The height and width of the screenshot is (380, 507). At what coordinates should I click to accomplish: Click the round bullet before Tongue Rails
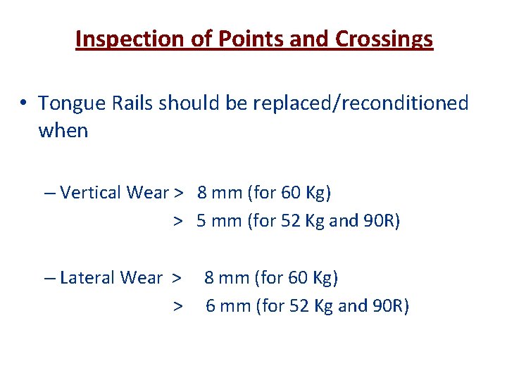tap(24, 103)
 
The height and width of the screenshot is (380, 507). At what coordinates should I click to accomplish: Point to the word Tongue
tap(68, 104)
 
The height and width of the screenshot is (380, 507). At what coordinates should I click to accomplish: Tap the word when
tap(63, 131)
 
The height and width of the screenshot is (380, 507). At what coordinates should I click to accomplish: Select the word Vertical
tap(88, 192)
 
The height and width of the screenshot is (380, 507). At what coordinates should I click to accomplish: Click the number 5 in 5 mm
tap(201, 221)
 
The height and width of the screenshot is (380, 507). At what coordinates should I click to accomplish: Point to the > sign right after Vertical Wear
tap(180, 193)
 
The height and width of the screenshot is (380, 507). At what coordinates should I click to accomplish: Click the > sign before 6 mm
tap(179, 307)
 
